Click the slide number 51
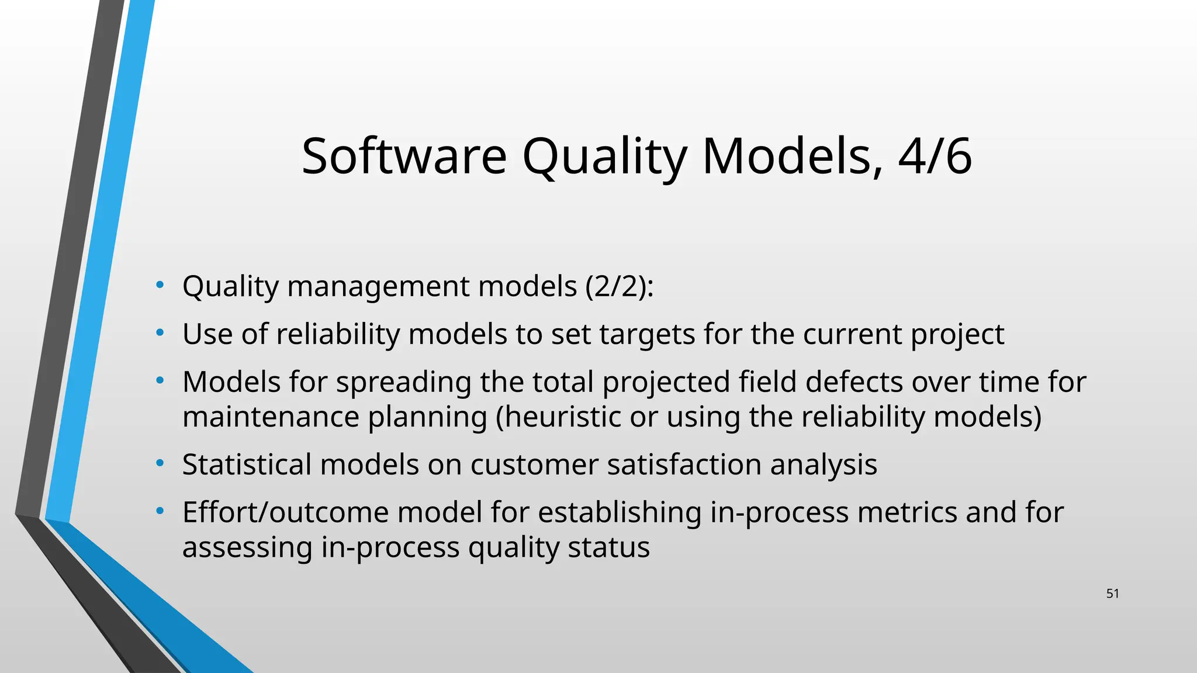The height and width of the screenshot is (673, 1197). (x=1112, y=594)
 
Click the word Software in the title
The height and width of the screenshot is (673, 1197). (x=404, y=156)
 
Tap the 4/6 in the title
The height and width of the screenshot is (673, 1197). (x=935, y=156)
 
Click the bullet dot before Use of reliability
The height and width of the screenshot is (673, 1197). (x=160, y=334)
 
